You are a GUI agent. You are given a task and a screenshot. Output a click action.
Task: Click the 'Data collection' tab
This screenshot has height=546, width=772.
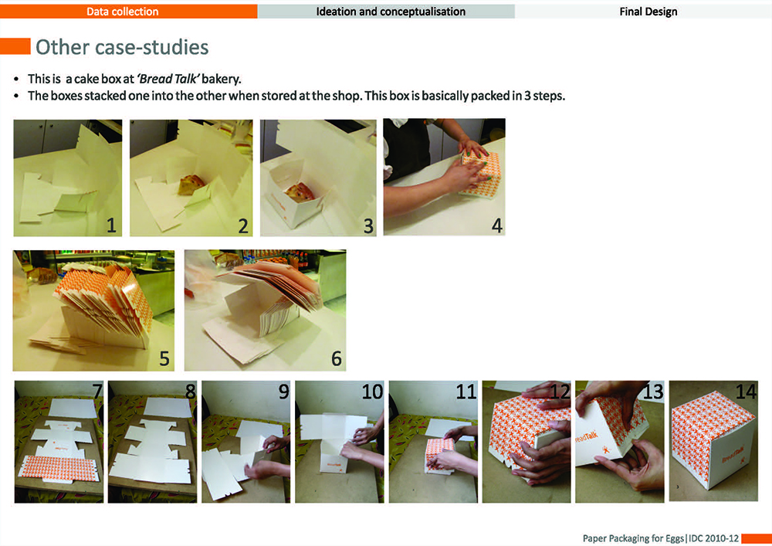(x=123, y=12)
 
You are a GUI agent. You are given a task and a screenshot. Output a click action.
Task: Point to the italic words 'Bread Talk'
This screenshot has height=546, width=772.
(x=168, y=79)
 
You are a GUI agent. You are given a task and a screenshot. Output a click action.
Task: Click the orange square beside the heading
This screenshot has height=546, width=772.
(x=15, y=46)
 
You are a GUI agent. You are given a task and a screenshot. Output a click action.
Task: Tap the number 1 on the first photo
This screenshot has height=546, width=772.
(x=111, y=226)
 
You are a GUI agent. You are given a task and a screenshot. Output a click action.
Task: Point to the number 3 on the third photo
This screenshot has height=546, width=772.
(x=368, y=226)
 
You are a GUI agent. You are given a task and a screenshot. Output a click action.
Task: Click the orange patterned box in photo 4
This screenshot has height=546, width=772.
(x=480, y=174)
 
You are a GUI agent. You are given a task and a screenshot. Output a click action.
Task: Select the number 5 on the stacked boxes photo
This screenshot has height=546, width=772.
(x=164, y=358)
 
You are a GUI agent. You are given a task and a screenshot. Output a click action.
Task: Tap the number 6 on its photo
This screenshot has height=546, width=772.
(x=337, y=358)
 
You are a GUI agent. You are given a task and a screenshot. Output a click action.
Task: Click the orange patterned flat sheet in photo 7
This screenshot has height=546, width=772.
(x=59, y=468)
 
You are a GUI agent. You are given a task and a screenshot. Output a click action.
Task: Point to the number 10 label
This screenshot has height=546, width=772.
(x=372, y=392)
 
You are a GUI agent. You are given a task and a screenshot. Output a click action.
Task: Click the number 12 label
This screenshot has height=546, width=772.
(x=559, y=392)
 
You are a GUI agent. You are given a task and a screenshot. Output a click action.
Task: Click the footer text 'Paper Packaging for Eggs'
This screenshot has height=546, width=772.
(x=634, y=538)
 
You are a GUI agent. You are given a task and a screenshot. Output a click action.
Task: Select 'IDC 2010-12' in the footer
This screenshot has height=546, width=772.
(x=714, y=538)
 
